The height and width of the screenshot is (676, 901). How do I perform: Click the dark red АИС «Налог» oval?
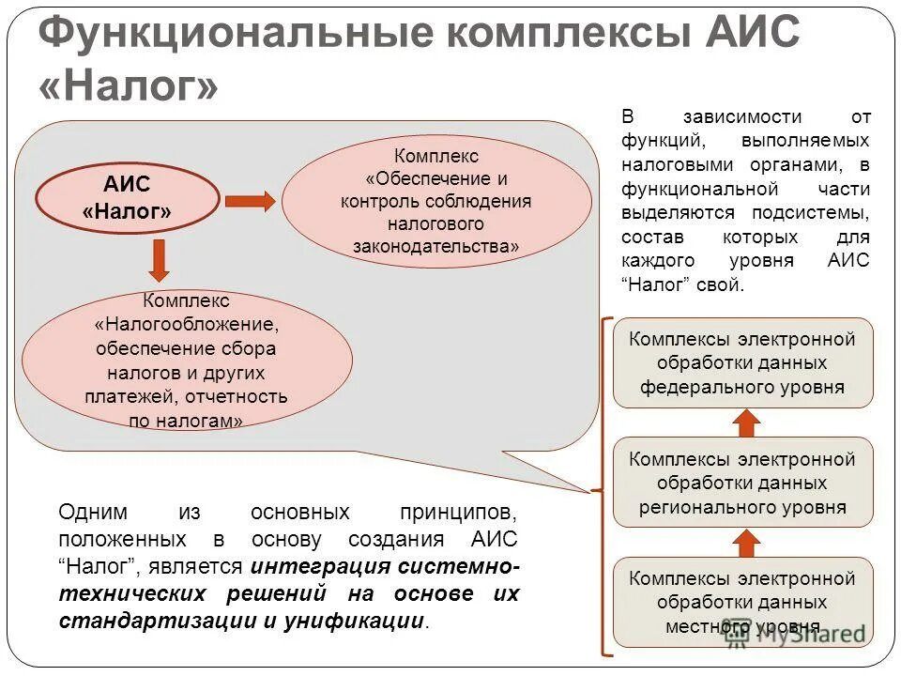[x=128, y=198]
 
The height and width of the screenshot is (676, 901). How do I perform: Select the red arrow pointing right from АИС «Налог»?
[x=250, y=201]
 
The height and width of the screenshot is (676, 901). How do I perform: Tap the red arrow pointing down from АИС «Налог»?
[x=160, y=260]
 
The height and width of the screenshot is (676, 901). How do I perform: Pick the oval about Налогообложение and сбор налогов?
[x=187, y=361]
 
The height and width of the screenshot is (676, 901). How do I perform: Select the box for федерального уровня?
[x=742, y=362]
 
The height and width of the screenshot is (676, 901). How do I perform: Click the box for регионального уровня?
[x=742, y=483]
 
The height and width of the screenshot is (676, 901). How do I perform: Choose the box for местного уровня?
[x=742, y=602]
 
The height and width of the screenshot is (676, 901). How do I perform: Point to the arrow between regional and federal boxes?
[x=746, y=422]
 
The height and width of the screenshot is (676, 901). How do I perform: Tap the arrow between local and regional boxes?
[x=746, y=542]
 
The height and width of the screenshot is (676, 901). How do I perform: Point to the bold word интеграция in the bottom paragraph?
[x=319, y=567]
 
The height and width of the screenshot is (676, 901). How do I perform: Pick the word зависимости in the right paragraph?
[x=742, y=117]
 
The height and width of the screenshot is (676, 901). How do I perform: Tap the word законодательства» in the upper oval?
[x=435, y=247]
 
